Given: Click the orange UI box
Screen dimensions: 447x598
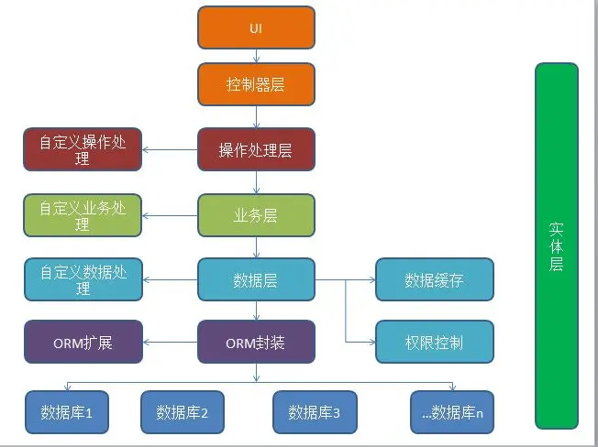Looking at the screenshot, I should (256, 27).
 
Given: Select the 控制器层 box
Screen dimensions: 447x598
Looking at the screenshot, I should (256, 84).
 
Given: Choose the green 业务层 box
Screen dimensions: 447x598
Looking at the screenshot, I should (256, 216).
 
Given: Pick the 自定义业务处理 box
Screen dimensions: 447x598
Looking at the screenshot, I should (83, 216).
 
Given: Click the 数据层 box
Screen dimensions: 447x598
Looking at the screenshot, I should (256, 280).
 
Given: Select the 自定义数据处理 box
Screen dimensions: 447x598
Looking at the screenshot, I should (83, 280).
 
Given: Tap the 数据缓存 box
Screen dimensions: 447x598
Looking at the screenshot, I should (435, 280).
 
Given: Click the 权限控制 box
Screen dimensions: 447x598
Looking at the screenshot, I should (435, 343).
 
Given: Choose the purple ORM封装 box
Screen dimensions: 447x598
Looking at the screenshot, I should (256, 343).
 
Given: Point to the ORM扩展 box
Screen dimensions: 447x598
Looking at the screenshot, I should (83, 343).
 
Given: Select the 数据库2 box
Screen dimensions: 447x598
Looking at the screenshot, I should (183, 412).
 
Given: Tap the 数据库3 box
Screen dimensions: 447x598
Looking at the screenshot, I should (315, 412).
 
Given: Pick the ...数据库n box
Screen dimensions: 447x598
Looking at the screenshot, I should (453, 412).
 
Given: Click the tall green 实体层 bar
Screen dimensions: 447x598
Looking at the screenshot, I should (557, 245).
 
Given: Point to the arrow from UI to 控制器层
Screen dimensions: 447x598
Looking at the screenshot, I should (256, 56).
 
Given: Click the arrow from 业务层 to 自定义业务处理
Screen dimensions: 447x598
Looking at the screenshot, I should (171, 216).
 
